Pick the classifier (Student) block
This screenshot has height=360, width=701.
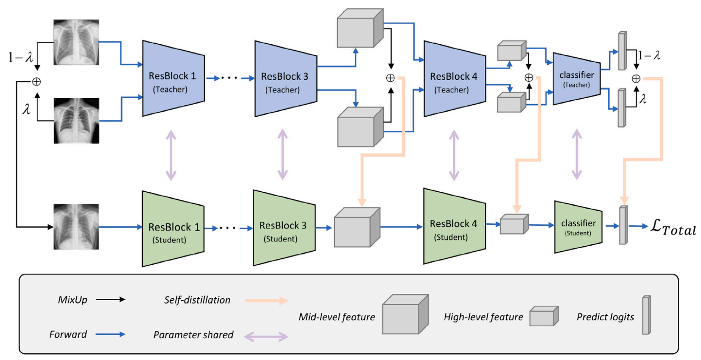(x=578, y=227)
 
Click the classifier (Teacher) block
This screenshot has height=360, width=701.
(x=576, y=79)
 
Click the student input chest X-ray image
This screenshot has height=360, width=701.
(x=76, y=227)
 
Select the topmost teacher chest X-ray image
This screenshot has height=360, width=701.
(x=76, y=42)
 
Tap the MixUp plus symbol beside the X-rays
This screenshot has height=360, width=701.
(x=37, y=82)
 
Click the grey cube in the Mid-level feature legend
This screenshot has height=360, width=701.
(x=405, y=315)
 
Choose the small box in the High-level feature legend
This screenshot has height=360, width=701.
(x=543, y=316)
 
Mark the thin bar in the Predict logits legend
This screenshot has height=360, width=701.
(x=646, y=315)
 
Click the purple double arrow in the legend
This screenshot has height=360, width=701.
(x=266, y=336)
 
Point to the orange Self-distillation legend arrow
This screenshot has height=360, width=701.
(x=266, y=301)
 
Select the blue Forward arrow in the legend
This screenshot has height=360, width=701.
(x=110, y=334)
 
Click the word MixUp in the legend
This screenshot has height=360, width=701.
(x=72, y=300)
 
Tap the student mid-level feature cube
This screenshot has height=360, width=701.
(x=356, y=228)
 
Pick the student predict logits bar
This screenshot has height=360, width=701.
(x=623, y=225)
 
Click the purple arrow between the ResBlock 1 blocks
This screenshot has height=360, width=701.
(x=171, y=155)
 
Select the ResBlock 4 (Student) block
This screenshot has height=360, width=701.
(x=454, y=227)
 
